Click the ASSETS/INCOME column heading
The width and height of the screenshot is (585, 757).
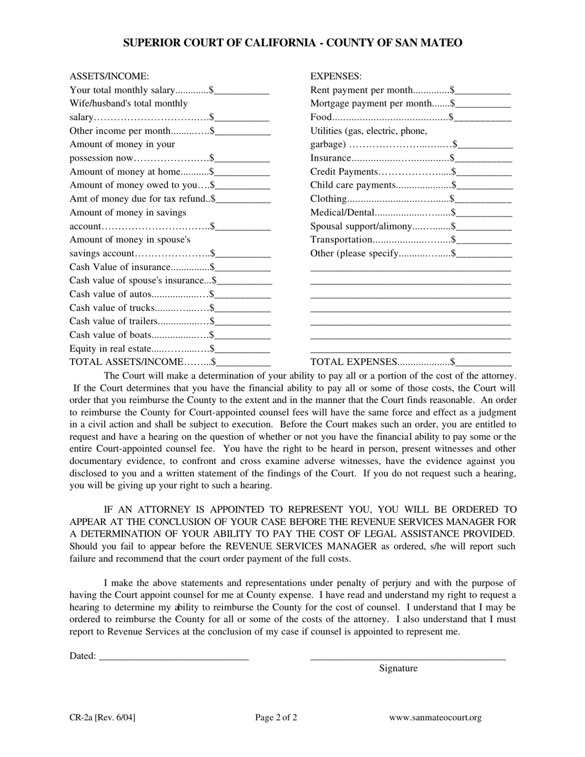109,76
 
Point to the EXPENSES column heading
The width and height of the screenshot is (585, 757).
336,76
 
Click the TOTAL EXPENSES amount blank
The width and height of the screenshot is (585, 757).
484,362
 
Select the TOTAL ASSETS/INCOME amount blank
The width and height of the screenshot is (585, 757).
243,362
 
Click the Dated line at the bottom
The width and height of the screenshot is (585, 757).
173,657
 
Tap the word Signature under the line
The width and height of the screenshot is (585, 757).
398,668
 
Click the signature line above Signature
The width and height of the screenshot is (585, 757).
408,657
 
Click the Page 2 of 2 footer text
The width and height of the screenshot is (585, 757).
276,718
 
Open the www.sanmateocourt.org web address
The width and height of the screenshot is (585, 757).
435,718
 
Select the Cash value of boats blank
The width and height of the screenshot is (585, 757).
243,335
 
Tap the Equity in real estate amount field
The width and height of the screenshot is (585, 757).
243,349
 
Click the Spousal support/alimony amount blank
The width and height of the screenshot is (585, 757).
484,226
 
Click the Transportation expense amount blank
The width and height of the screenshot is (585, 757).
484,240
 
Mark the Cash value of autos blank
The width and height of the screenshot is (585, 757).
243,295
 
